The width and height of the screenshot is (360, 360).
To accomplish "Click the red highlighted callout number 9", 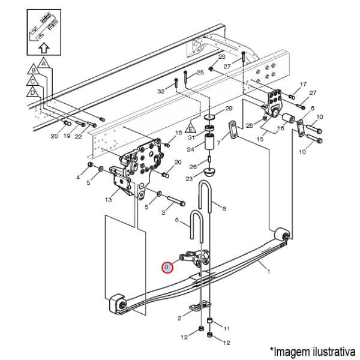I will [167, 266].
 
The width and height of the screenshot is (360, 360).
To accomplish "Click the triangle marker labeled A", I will [43, 62].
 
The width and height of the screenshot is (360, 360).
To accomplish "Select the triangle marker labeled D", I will [31, 92].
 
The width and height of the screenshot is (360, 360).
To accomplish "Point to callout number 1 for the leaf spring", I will [268, 272].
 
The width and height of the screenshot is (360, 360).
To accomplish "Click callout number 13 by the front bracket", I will [109, 199].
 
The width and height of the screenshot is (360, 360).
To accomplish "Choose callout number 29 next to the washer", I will [228, 109].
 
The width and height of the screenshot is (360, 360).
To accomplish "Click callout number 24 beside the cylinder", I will [191, 149].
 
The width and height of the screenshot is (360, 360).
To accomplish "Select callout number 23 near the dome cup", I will [189, 179].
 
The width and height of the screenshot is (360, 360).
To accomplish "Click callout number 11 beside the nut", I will [226, 329].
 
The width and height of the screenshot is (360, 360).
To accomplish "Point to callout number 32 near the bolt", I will [161, 91].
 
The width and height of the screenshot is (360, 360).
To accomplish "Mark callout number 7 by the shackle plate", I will [219, 143].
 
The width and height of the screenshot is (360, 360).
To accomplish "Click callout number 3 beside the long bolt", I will [163, 212].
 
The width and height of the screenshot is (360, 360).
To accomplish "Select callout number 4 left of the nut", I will [78, 178].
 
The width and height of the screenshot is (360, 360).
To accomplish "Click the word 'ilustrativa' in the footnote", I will [329, 350].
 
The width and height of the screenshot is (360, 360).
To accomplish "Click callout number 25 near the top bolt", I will [200, 72].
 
